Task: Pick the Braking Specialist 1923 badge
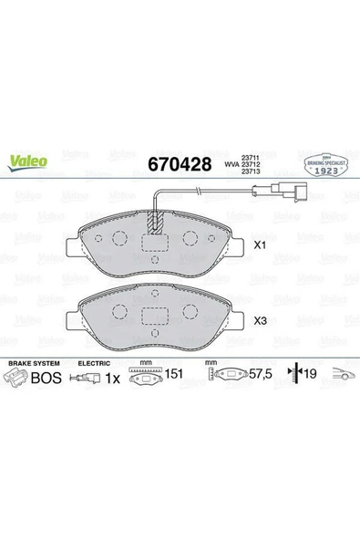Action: [x=323, y=164]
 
